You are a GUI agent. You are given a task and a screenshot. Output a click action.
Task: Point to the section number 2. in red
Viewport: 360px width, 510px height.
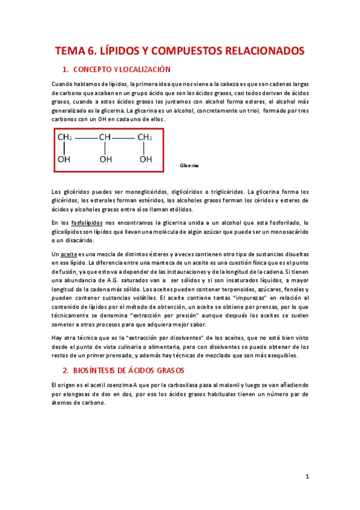coord(67,370)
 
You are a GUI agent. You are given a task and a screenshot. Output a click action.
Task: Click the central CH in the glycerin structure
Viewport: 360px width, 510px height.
coord(105,138)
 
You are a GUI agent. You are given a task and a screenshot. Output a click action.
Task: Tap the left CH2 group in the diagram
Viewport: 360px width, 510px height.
coord(65,138)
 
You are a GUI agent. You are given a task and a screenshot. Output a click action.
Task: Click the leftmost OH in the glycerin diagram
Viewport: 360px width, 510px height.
coord(64,159)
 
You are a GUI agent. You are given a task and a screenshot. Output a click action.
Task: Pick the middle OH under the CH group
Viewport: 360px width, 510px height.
coord(105,159)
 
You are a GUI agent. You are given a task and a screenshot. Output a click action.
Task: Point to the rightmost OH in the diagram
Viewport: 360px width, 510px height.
coord(145,159)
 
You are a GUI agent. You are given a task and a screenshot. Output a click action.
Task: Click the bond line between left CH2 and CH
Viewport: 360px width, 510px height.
coord(85,138)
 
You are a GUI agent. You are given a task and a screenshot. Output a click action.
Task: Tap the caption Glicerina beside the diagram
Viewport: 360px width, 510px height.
coord(189,164)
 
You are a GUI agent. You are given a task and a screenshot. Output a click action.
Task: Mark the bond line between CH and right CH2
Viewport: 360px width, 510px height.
coord(125,138)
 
